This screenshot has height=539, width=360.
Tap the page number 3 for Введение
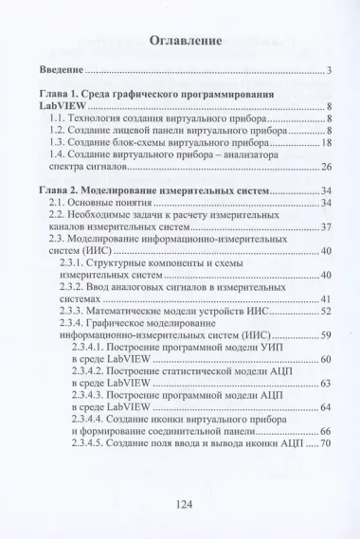point(327,71)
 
